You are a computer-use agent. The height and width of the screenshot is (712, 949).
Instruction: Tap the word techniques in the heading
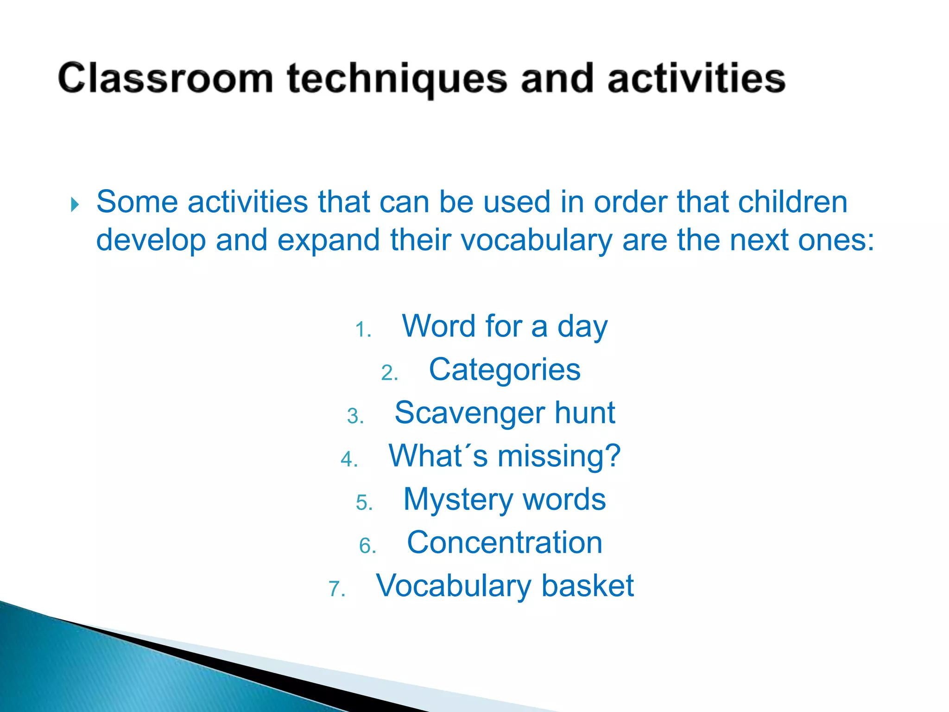point(397,79)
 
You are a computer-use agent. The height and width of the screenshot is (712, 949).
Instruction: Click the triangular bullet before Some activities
point(75,204)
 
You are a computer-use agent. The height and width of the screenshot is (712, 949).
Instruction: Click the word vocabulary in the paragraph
point(537,241)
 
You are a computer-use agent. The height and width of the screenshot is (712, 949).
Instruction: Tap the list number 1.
point(363,330)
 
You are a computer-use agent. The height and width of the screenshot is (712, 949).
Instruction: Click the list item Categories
point(504,369)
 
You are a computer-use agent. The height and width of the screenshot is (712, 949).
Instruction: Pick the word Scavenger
point(470,413)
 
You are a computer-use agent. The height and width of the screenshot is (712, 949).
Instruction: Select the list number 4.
point(349,459)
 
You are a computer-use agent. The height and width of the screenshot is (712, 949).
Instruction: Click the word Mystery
point(458,500)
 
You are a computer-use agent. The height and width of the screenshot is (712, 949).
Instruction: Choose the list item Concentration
point(504,542)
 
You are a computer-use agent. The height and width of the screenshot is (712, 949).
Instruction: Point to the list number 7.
point(337,589)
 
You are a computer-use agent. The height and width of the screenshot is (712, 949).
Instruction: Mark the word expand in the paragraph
point(328,241)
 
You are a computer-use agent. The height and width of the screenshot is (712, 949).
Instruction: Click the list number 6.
point(367,546)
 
